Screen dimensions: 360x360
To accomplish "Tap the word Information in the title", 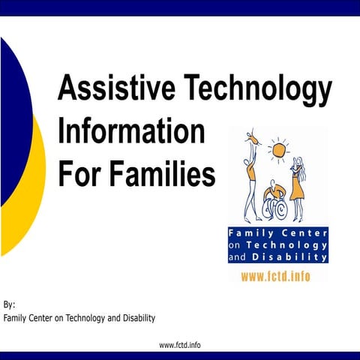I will coord(131,133).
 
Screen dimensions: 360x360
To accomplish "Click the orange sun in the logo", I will coord(279,150).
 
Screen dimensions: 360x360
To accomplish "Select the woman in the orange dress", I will coord(298,180).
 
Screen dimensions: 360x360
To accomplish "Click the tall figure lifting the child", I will coord(247,180).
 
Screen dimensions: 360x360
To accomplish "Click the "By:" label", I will coord(9,305).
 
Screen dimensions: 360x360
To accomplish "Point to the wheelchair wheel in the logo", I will coord(278,209).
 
